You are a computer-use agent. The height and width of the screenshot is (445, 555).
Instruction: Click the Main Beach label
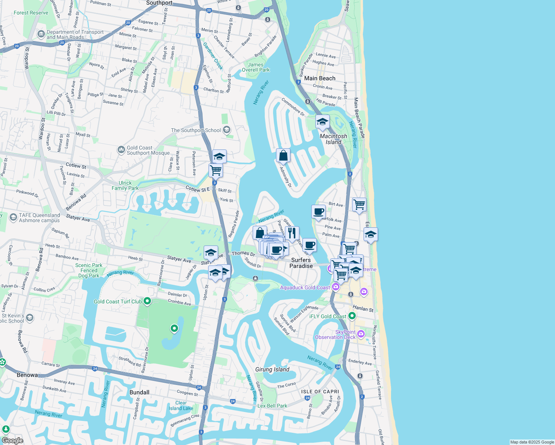[x=319, y=78]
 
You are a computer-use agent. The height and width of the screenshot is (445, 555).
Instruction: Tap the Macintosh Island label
[x=334, y=139]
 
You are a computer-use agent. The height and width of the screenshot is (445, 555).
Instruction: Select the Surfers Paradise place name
[x=301, y=263]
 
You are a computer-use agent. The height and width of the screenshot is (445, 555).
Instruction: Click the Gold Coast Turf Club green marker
[x=147, y=301]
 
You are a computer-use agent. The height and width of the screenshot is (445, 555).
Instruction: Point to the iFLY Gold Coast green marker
[x=352, y=316]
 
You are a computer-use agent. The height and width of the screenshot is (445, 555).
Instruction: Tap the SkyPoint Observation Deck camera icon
[x=361, y=334]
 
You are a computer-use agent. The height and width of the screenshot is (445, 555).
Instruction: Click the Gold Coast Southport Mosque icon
[x=121, y=150]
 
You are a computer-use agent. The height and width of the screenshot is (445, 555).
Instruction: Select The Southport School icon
[x=227, y=130]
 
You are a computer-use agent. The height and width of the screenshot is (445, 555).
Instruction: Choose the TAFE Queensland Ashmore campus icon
[x=13, y=218]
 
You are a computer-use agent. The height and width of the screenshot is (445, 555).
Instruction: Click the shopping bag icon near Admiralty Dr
[x=283, y=156]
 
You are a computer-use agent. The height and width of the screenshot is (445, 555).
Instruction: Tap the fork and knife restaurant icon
[x=292, y=233]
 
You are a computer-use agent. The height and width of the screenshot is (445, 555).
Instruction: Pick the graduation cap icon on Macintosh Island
[x=322, y=122]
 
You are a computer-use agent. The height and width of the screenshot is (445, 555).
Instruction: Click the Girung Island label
[x=272, y=369]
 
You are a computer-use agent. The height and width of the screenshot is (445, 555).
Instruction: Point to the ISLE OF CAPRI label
[x=320, y=392]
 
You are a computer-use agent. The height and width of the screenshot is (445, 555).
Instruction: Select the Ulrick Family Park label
[x=125, y=185]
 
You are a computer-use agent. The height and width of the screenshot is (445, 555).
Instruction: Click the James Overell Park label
[x=256, y=67]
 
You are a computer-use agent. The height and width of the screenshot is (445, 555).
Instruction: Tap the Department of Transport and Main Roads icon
[x=41, y=34]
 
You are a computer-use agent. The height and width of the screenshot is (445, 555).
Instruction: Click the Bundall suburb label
[x=139, y=392]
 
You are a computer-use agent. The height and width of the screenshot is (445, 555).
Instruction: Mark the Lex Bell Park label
[x=272, y=406]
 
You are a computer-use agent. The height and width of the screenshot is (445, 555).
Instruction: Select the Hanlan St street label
[x=363, y=308]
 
